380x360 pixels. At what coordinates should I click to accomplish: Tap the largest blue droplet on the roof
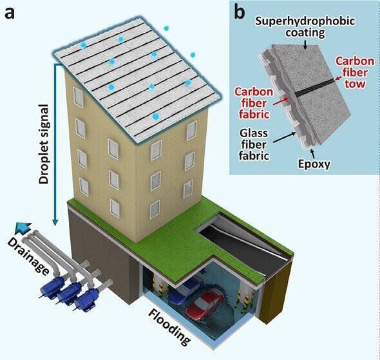[x=155, y=116]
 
